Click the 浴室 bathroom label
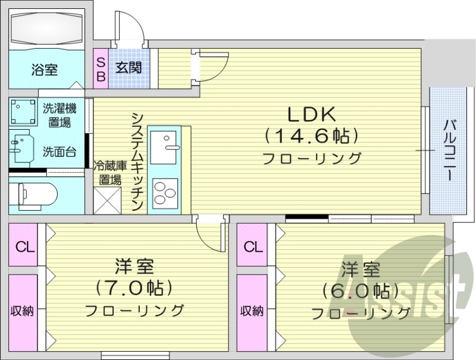point(44,70)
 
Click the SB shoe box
point(101,68)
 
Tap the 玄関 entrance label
point(129,67)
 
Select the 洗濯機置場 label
point(59,115)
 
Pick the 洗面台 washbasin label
point(59,151)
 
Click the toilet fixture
point(36,193)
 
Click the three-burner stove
point(166,192)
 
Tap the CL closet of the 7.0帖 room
point(24,246)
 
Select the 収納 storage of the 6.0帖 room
point(252,311)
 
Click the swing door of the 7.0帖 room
point(211,235)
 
